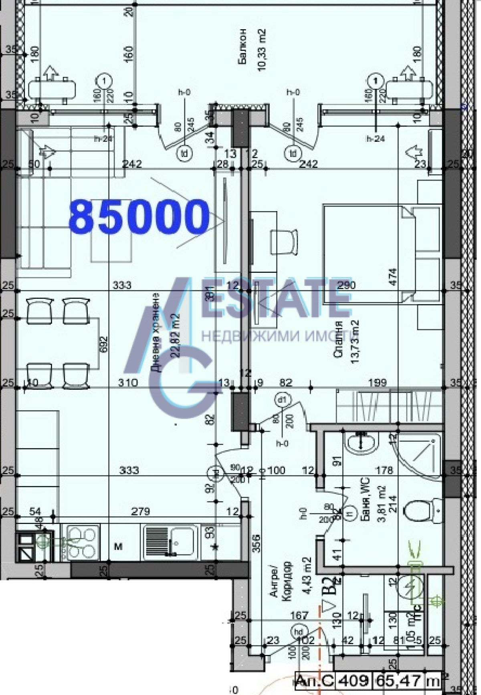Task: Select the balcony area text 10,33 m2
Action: click(x=263, y=50)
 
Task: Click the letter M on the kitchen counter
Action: click(x=119, y=546)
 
